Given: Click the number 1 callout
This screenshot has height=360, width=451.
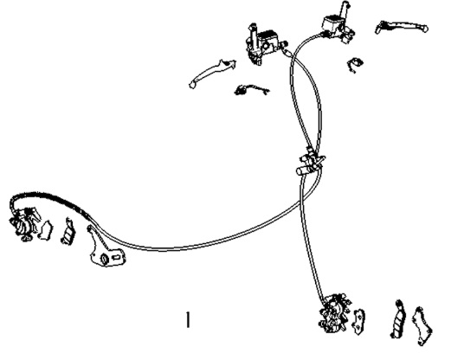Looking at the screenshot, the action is click(188, 319).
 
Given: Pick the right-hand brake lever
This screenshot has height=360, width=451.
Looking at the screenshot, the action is click(402, 27).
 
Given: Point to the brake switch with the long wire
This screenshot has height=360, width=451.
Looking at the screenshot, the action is click(252, 90).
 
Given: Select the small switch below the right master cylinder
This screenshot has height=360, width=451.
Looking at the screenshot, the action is click(355, 65).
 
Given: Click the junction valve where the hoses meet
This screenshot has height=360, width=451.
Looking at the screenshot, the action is click(311, 162).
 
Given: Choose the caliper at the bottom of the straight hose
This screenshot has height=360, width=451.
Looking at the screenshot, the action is click(335, 313).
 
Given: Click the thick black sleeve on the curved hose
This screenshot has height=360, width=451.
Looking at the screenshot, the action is click(50, 197).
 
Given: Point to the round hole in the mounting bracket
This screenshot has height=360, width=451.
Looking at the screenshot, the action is click(104, 259).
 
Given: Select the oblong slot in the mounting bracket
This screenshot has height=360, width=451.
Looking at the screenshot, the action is click(117, 257).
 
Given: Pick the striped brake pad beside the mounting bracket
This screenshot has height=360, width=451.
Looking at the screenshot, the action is click(68, 232).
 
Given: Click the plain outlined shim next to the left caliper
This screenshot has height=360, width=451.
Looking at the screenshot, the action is click(46, 230).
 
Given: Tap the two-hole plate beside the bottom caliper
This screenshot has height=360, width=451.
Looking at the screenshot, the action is click(358, 322).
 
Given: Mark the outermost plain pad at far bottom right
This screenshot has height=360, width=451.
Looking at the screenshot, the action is click(422, 326).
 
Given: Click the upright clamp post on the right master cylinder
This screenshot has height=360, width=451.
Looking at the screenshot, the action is click(345, 10).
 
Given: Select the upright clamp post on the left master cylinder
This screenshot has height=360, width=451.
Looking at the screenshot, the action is click(253, 34).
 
